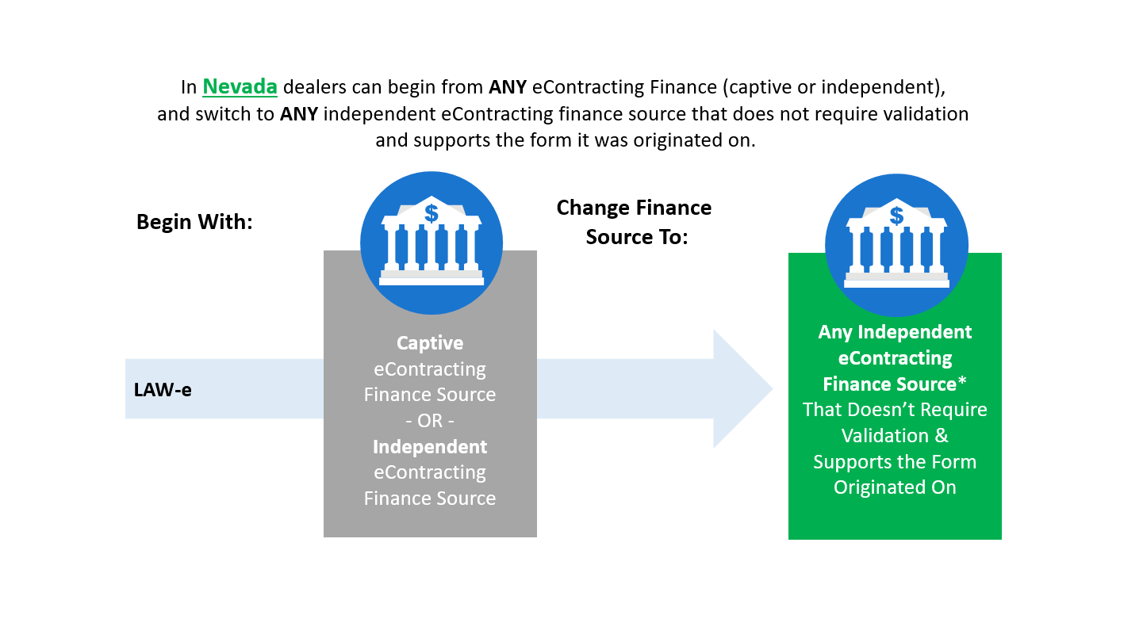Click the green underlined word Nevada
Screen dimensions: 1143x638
[x=240, y=86]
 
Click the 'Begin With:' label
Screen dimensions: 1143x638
[x=194, y=222]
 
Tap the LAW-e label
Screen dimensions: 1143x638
[x=163, y=390]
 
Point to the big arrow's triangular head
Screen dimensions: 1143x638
[x=743, y=388]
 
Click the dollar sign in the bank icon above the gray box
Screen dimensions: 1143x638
[x=432, y=214]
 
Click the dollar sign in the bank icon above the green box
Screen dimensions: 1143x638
[x=896, y=216]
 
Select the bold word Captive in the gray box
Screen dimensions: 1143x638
[x=430, y=342]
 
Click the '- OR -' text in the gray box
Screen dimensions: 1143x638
[x=430, y=421]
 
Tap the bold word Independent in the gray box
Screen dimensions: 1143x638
[x=430, y=447]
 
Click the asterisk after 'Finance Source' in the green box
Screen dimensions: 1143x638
[x=962, y=380]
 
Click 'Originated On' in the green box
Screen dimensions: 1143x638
[x=895, y=487]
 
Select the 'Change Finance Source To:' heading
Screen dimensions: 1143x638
[x=635, y=223]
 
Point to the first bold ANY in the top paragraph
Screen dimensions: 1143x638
[x=508, y=87]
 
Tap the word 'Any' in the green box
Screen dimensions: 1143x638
[x=835, y=333]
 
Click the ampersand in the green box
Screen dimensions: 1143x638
[x=942, y=436]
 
